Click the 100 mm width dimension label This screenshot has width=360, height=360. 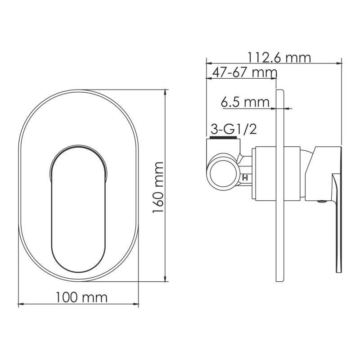coord(81,297)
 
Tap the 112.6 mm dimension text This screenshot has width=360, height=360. coord(279,57)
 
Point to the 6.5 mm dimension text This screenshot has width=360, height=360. coord(245,102)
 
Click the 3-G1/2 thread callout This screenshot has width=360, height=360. coord(233,130)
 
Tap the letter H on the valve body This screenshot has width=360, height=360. coord(245,178)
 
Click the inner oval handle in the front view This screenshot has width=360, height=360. coord(77,209)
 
